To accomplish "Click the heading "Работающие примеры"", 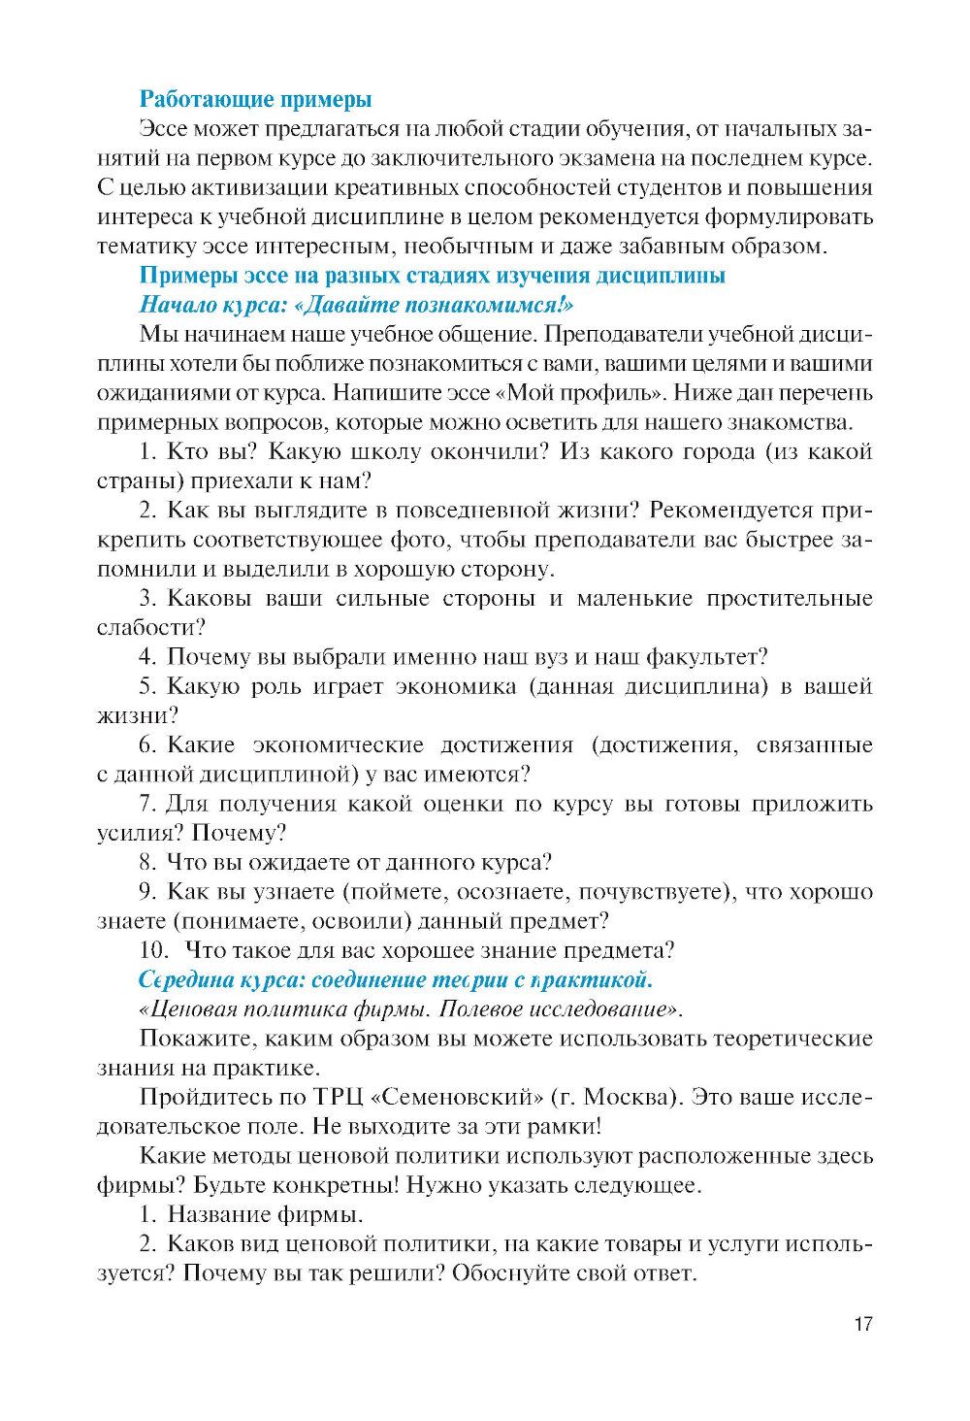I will [255, 99].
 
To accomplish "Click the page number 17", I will [862, 1324].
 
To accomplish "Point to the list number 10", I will [153, 950].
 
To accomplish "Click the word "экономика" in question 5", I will [456, 686].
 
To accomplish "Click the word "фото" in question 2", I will [419, 540].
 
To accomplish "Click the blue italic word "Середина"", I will [183, 980].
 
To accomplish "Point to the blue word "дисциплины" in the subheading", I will [663, 276].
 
